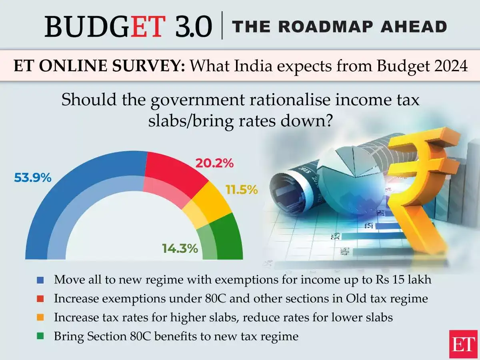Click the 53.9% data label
[x=33, y=178]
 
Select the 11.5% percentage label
[x=241, y=190]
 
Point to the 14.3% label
[x=180, y=248]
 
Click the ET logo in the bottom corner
[x=463, y=344]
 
